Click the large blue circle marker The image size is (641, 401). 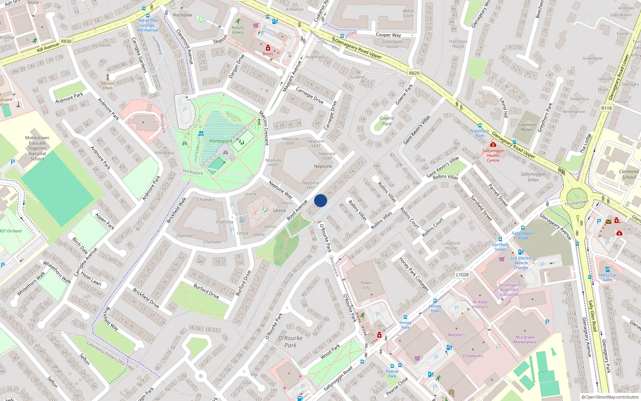click(x=320, y=200)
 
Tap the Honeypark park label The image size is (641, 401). click(x=220, y=141)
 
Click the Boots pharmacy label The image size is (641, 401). click(x=268, y=54)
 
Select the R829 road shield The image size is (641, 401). click(x=414, y=73)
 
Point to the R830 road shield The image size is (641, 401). click(x=66, y=41)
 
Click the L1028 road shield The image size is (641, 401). click(x=462, y=275)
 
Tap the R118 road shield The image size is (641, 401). click(x=607, y=108)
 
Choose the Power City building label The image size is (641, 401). click(x=366, y=285)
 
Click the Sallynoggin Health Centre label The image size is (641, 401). click(x=493, y=156)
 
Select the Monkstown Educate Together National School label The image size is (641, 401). click(x=37, y=148)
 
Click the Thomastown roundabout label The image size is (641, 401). click(x=576, y=203)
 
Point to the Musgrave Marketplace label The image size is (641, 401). click(x=525, y=340)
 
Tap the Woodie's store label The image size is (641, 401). click(x=456, y=335)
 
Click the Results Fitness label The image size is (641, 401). click(x=238, y=30)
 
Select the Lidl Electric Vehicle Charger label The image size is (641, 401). click(x=521, y=263)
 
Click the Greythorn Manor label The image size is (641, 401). click(x=526, y=127)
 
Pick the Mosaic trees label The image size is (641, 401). click(x=107, y=85)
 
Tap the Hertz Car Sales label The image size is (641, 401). click(x=608, y=277)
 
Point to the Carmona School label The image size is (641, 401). click(x=629, y=174)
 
